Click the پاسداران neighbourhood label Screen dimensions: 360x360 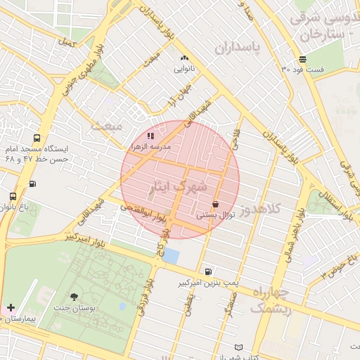pyautogui.click(x=237, y=49)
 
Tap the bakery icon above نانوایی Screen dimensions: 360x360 pyautogui.click(x=184, y=58)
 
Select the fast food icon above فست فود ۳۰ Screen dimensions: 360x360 pyautogui.click(x=302, y=59)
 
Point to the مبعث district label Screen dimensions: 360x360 pyautogui.click(x=106, y=125)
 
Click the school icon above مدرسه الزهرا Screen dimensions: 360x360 pyautogui.click(x=150, y=135)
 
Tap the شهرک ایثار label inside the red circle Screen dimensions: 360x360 pyautogui.click(x=179, y=186)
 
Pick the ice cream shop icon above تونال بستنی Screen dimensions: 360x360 pyautogui.click(x=214, y=205)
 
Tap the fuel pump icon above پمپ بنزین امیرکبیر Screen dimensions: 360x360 pyautogui.click(x=208, y=271)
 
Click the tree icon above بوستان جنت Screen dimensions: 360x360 pyautogui.click(x=75, y=297)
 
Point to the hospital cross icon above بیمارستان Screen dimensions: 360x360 pyautogui.click(x=11, y=307)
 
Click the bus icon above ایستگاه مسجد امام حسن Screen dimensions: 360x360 pyautogui.click(x=36, y=138)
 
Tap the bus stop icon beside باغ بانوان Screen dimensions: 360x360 pyautogui.click(x=13, y=196)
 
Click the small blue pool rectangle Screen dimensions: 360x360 pyautogui.click(x=170, y=255)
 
